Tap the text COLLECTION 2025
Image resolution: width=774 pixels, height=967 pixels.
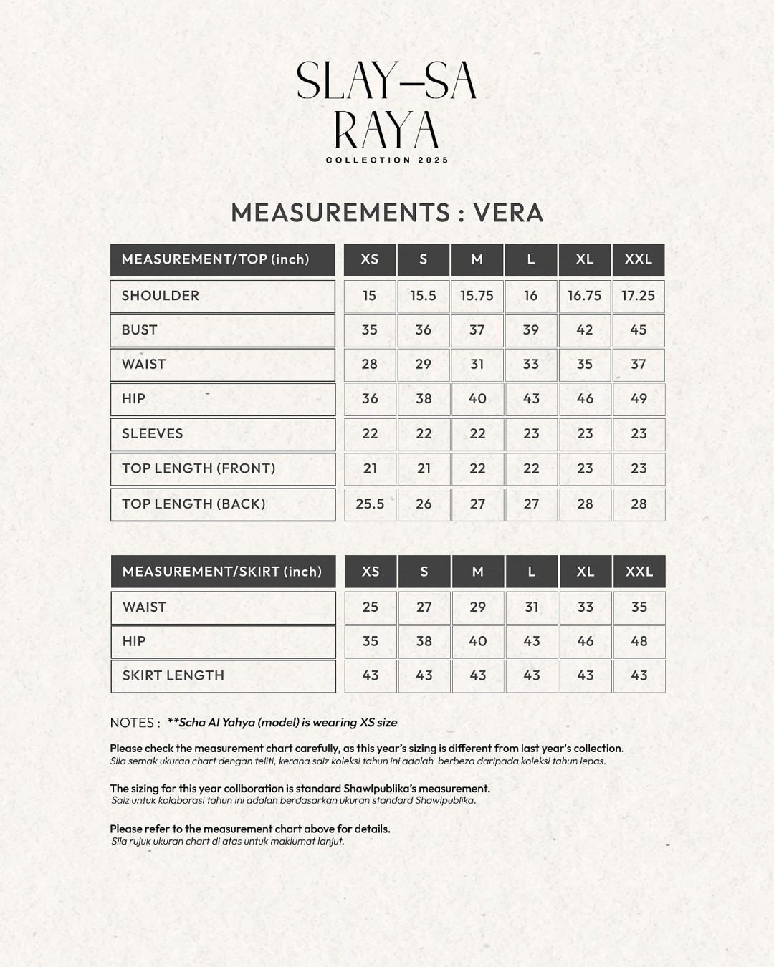tap(387, 160)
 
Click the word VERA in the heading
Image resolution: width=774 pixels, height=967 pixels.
tap(508, 213)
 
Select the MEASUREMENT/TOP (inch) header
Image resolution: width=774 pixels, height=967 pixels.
tap(222, 259)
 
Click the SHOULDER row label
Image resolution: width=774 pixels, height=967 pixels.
tap(161, 296)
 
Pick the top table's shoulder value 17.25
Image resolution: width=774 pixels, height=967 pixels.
tap(639, 296)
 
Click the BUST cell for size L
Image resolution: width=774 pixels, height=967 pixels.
tap(531, 330)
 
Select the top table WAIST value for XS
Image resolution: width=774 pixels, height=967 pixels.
tap(370, 365)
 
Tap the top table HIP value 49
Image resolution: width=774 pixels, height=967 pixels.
tap(639, 399)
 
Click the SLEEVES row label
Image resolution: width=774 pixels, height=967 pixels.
tap(153, 434)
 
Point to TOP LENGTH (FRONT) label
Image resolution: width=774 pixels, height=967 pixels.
tap(199, 468)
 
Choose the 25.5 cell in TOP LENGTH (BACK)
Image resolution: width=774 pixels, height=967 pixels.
tap(370, 504)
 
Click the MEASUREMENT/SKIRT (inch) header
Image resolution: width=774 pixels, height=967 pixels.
tap(222, 572)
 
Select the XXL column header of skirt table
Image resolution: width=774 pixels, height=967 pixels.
tap(639, 572)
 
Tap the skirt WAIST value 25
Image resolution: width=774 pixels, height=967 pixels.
tap(370, 607)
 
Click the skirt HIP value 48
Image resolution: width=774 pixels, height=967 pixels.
tap(639, 642)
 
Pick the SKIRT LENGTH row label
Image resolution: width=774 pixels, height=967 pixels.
tap(173, 675)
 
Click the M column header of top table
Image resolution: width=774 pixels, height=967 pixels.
tap(477, 259)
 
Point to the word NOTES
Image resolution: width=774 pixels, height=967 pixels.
tap(132, 723)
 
